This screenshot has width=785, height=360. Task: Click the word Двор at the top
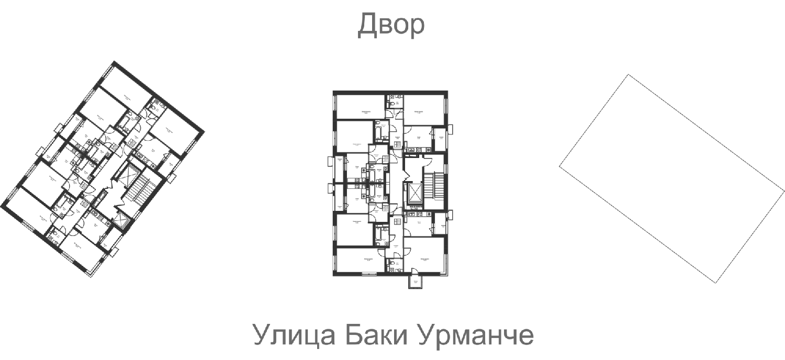[391, 26]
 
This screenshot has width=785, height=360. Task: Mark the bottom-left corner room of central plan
[360, 261]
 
